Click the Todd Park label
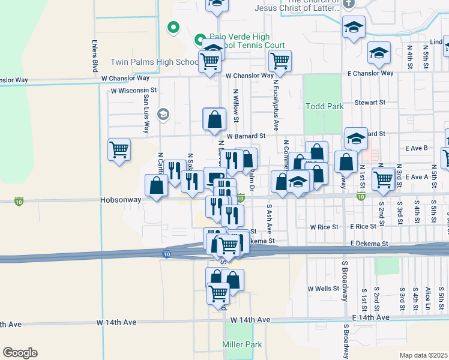point(325,106)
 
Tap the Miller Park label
point(243,344)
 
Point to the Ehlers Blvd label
point(95,58)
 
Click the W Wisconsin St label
point(133,91)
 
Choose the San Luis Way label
point(146,114)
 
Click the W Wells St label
point(324,289)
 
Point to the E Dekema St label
point(369,244)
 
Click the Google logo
point(20,353)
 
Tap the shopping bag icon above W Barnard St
point(214,119)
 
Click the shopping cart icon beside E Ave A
point(382,178)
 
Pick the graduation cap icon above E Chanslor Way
point(379,53)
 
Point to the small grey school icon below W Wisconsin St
point(163,114)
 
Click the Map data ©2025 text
point(423,355)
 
